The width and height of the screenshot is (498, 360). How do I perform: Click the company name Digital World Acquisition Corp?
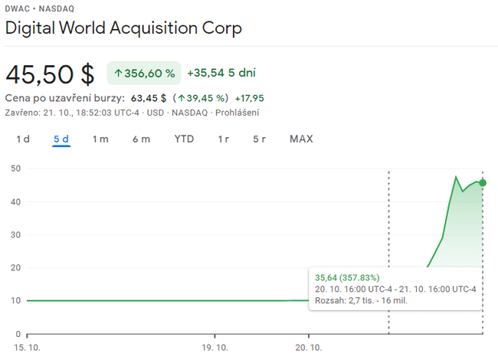(123, 29)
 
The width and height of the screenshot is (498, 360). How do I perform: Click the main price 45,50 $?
(50, 74)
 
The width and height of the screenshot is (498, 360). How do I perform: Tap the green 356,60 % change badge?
(144, 74)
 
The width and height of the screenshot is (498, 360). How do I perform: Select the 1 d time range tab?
(23, 139)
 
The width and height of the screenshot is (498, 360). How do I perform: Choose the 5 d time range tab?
(61, 139)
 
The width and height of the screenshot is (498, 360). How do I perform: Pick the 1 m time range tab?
(100, 139)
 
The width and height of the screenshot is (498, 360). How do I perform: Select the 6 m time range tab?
(141, 139)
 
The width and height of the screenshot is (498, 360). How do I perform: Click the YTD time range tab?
(184, 139)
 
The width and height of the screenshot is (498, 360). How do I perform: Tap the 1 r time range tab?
(224, 139)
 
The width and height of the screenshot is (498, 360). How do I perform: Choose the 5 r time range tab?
(260, 139)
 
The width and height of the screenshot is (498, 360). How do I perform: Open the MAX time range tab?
(301, 139)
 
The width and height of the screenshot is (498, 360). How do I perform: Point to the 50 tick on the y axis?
(15, 169)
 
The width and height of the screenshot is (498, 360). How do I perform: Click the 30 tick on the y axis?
(15, 235)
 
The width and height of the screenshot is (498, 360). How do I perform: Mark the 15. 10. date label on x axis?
(28, 347)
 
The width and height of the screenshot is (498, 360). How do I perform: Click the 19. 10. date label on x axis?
(215, 347)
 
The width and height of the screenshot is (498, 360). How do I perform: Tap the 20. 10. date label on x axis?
(309, 347)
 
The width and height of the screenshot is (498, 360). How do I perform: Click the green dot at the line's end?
(483, 182)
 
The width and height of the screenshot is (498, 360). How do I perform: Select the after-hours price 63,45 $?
(149, 98)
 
